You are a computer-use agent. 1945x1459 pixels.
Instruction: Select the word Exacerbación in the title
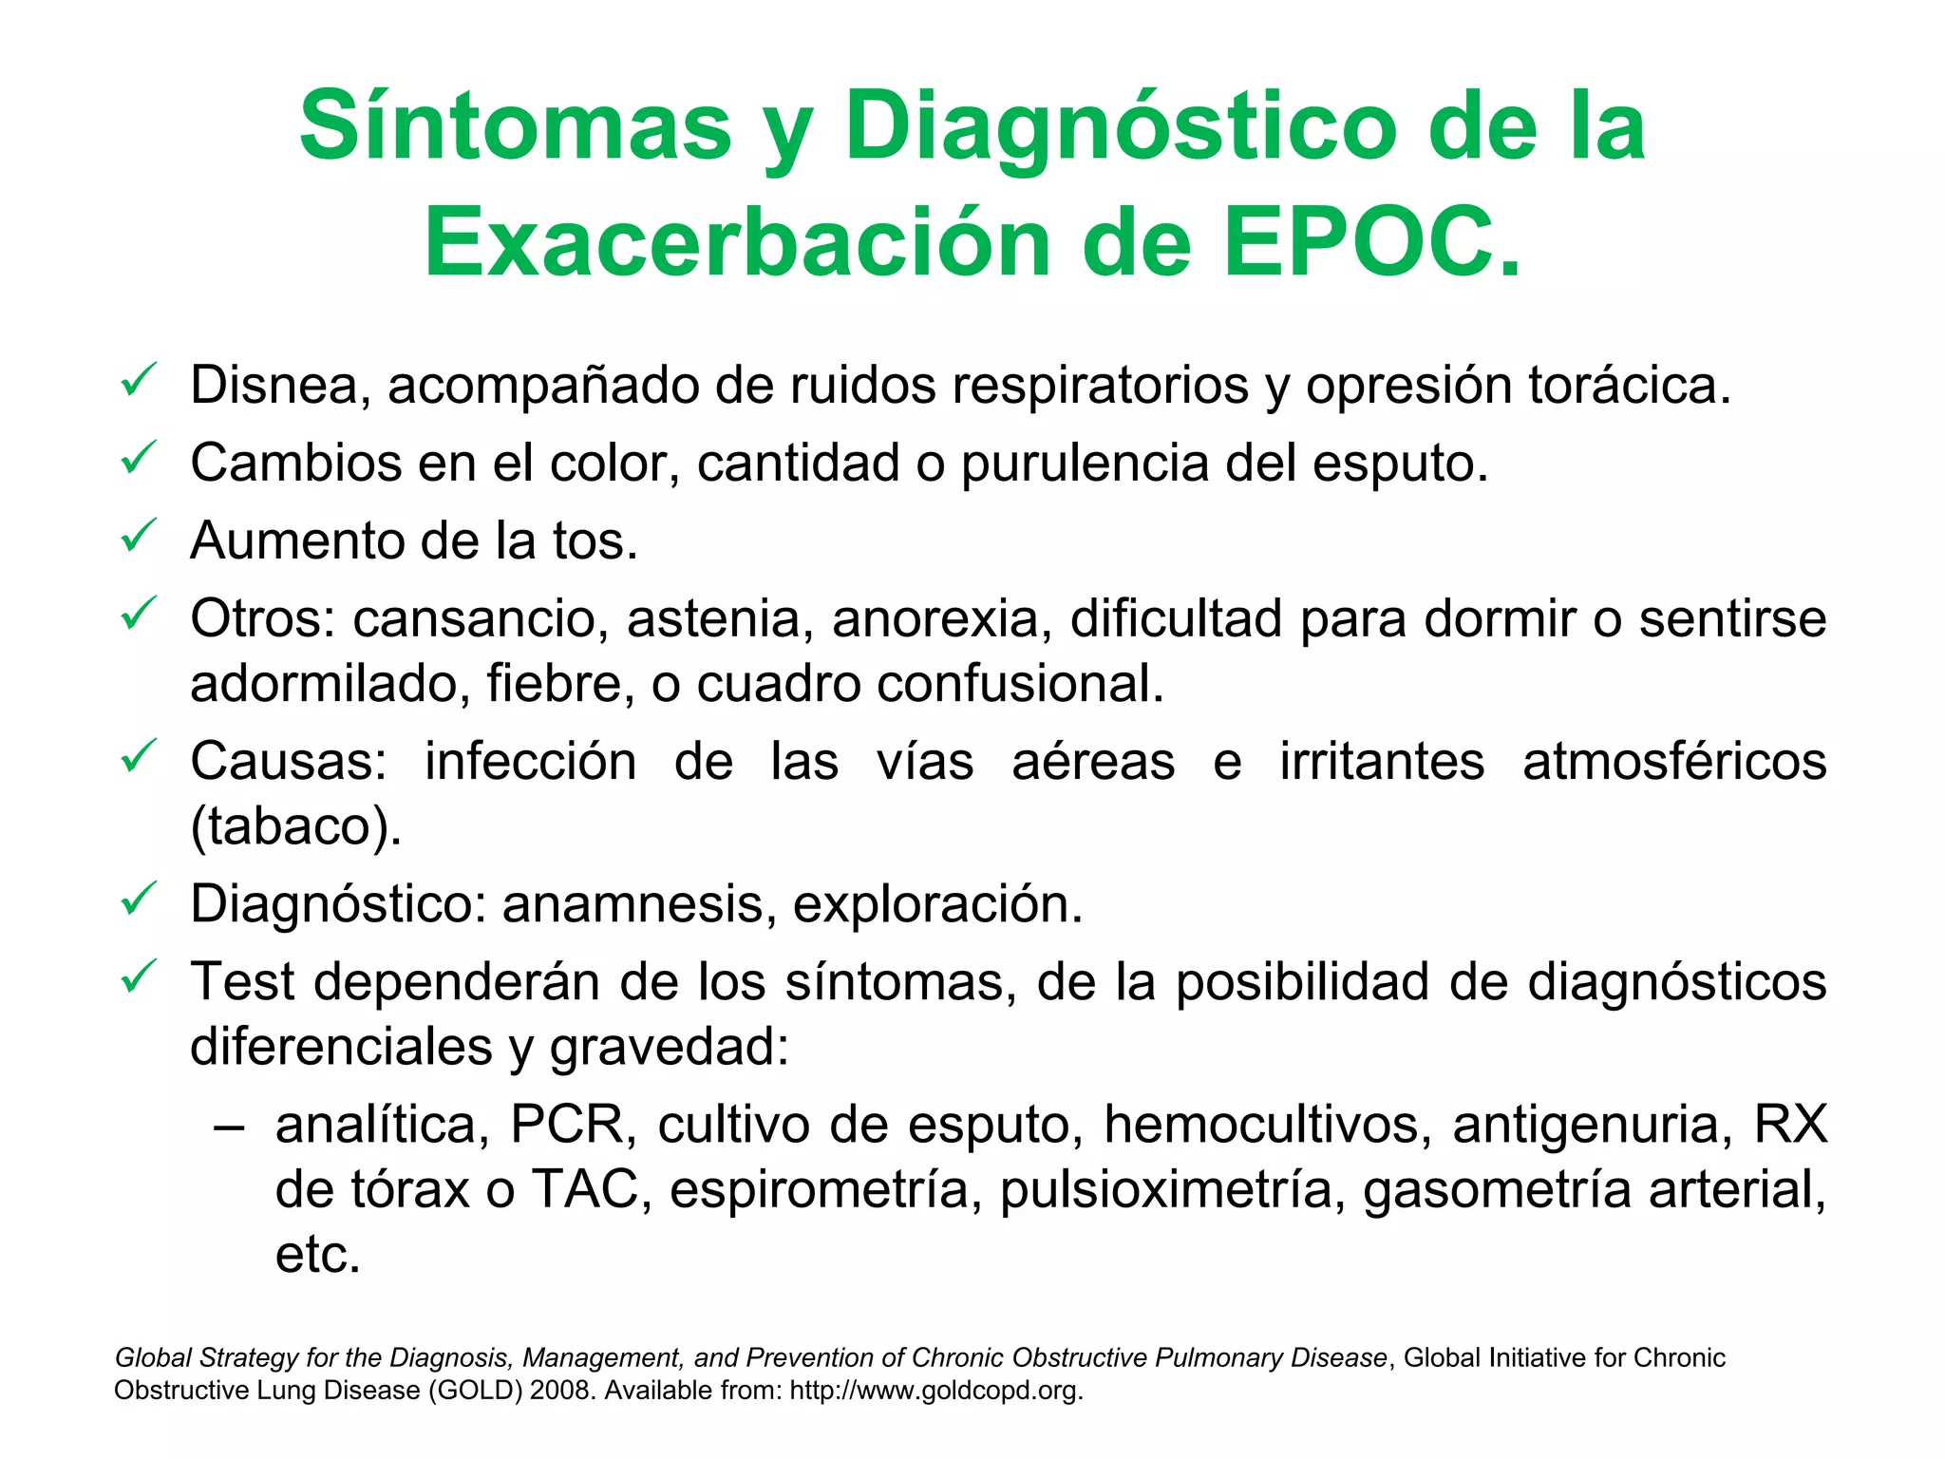click(737, 243)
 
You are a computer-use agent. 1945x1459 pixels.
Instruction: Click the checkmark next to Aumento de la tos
click(139, 537)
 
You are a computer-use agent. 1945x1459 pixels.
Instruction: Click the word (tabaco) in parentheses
click(295, 826)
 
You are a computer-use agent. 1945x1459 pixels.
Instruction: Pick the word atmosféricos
click(1673, 762)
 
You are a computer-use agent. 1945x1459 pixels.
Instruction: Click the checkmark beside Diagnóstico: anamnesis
click(139, 900)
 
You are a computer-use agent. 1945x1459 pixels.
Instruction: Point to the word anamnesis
click(633, 904)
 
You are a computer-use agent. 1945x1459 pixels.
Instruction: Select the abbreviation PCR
click(567, 1126)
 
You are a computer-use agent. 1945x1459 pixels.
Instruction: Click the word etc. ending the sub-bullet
click(318, 1255)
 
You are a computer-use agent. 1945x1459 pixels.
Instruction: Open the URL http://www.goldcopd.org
click(935, 1391)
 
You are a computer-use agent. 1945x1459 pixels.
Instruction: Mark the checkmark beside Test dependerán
click(139, 977)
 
